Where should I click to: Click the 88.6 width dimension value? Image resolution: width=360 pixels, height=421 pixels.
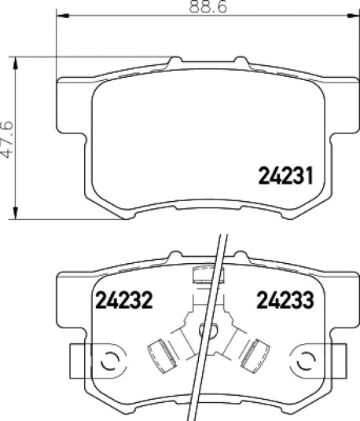[208, 6]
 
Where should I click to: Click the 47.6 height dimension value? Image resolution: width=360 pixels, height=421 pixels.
[6, 139]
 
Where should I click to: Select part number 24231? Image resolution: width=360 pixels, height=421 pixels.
[285, 176]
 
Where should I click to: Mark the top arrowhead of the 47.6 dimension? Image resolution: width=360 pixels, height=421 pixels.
[16, 63]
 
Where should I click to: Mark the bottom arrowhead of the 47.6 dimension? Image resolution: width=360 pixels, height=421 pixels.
[16, 213]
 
